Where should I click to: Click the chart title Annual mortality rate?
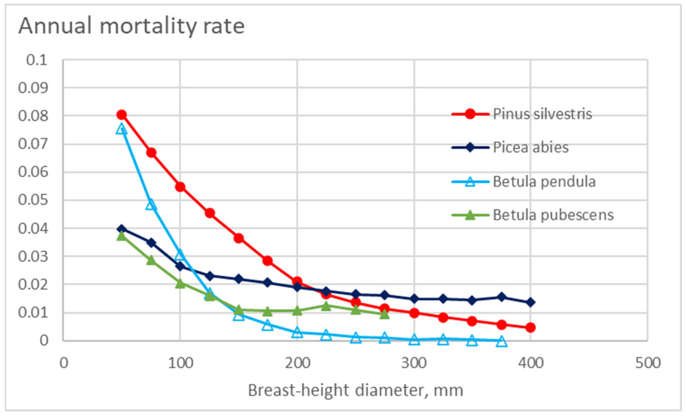click(131, 26)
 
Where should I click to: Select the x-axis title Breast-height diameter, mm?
click(356, 390)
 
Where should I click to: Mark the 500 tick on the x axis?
click(647, 363)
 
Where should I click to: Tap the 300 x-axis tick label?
click(414, 363)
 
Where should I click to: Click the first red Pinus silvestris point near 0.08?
click(121, 115)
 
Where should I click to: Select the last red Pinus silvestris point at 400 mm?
click(530, 327)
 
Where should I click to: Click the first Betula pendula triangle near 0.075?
click(121, 129)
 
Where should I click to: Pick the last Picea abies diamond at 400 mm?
click(530, 302)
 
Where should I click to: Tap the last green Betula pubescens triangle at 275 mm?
click(385, 314)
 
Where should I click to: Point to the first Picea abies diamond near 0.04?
click(121, 229)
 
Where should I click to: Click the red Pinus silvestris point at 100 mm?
click(180, 187)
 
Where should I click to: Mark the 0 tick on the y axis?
click(44, 340)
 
